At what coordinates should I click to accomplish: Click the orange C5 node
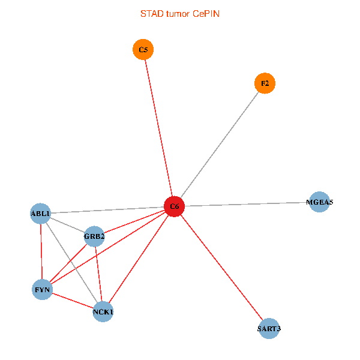(x=143, y=49)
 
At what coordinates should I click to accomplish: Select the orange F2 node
(x=265, y=83)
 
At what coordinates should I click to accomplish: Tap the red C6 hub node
(x=174, y=206)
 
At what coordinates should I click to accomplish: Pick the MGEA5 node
(x=319, y=202)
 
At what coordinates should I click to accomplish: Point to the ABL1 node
(x=41, y=213)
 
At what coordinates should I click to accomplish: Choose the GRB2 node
(x=94, y=236)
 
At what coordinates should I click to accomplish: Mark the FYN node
(x=42, y=290)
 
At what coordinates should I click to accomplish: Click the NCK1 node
(x=103, y=312)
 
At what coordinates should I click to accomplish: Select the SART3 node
(x=269, y=328)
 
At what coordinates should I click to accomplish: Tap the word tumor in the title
(x=176, y=13)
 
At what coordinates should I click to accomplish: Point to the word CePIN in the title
(x=206, y=13)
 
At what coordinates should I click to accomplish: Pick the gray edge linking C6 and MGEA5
(x=246, y=204)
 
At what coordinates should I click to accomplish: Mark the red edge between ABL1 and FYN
(x=41, y=252)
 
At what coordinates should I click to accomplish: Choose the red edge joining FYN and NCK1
(x=72, y=301)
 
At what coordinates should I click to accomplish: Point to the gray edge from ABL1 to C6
(x=108, y=209)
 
